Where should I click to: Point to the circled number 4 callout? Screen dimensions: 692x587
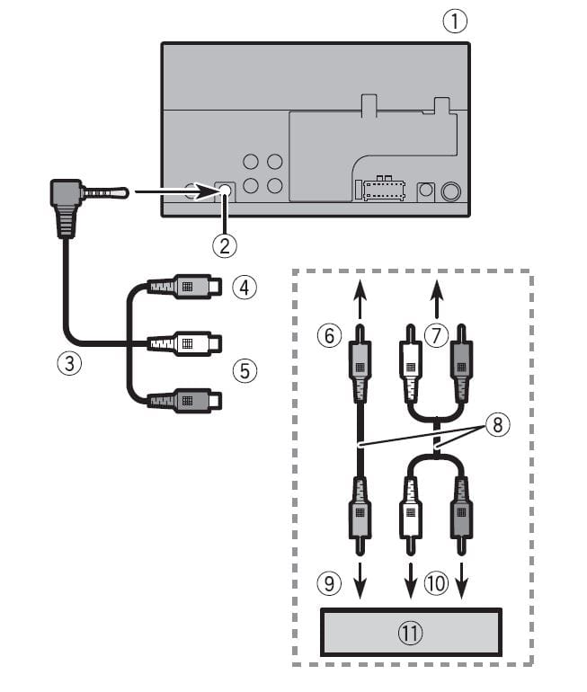[x=243, y=287]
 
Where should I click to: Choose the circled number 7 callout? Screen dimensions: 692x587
[x=436, y=335]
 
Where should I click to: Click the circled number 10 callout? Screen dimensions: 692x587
[x=436, y=582]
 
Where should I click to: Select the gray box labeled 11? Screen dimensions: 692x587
[x=410, y=633]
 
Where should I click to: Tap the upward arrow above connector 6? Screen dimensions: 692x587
[x=359, y=292]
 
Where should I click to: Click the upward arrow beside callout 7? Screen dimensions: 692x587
[x=436, y=292]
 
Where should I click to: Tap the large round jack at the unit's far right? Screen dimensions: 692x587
[x=451, y=191]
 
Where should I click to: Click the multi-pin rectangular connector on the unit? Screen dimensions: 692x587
[x=381, y=191]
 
